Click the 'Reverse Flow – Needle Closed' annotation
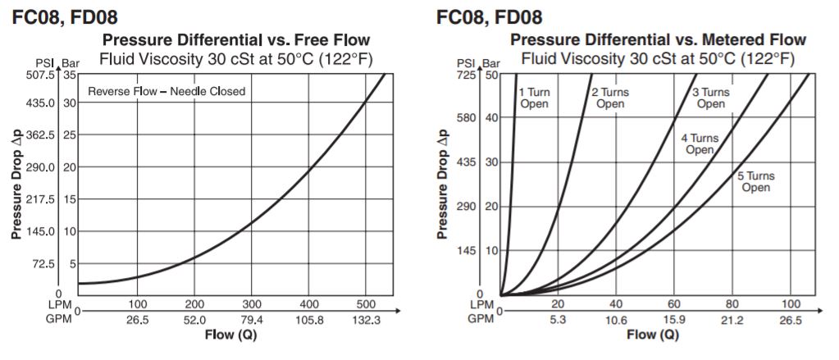click(166, 91)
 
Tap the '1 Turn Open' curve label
click(535, 98)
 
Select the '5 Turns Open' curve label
click(755, 182)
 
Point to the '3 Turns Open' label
click(710, 98)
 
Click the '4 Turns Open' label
click(700, 144)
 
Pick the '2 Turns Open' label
click(610, 98)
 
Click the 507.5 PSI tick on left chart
click(39, 75)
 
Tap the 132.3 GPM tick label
click(366, 319)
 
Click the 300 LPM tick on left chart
click(252, 304)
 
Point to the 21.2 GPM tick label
click(732, 320)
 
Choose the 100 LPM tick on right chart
click(791, 305)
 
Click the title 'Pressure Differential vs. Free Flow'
click(235, 40)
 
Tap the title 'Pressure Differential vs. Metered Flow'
click(658, 40)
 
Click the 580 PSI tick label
click(467, 117)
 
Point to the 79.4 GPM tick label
click(252, 319)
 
